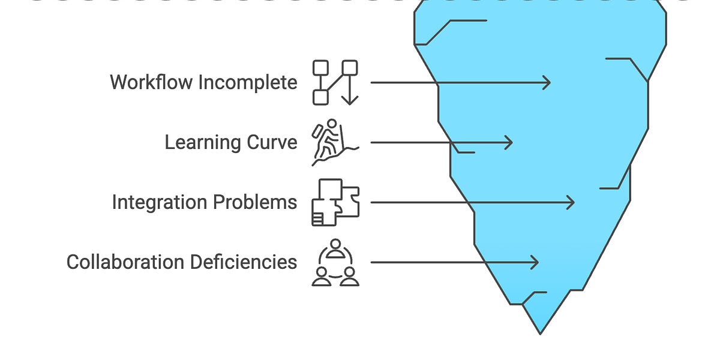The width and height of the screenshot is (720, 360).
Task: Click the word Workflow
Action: click(x=151, y=82)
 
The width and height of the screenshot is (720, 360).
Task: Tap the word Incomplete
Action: click(x=248, y=83)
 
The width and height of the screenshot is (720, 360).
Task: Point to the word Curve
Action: click(x=272, y=142)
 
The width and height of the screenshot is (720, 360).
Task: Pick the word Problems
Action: click(x=255, y=203)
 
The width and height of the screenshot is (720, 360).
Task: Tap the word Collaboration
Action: click(x=125, y=262)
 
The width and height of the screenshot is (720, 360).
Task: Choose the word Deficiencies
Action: click(x=244, y=262)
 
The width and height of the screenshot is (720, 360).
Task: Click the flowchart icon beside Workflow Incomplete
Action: click(x=335, y=83)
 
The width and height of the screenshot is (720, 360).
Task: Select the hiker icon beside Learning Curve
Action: click(x=335, y=142)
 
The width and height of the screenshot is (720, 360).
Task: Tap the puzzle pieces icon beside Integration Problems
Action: click(x=335, y=203)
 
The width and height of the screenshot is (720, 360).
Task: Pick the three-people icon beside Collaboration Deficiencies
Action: click(x=335, y=262)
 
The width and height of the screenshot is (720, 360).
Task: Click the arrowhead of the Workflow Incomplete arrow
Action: click(x=547, y=83)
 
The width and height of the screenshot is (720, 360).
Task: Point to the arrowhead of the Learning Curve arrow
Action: click(x=509, y=142)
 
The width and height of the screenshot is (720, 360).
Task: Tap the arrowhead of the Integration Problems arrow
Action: click(x=571, y=203)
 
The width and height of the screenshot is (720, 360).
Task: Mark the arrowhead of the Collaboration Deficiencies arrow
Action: click(x=535, y=262)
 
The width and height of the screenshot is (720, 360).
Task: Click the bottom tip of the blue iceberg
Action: click(x=540, y=334)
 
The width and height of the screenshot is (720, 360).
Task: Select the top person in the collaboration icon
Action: click(x=335, y=249)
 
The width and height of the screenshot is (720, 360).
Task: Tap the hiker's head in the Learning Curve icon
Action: click(x=332, y=124)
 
